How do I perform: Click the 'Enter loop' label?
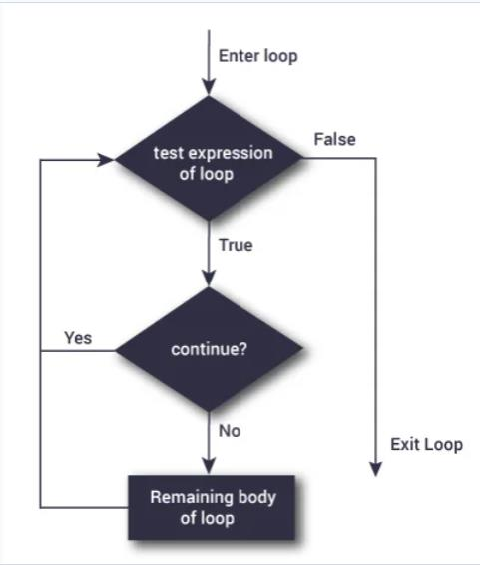tap(256, 56)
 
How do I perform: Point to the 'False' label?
tap(334, 139)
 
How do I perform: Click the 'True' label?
tap(236, 244)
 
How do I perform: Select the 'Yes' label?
tap(78, 338)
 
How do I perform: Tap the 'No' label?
tap(229, 432)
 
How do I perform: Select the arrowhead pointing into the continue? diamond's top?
tap(209, 280)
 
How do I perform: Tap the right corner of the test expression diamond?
tap(301, 157)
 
